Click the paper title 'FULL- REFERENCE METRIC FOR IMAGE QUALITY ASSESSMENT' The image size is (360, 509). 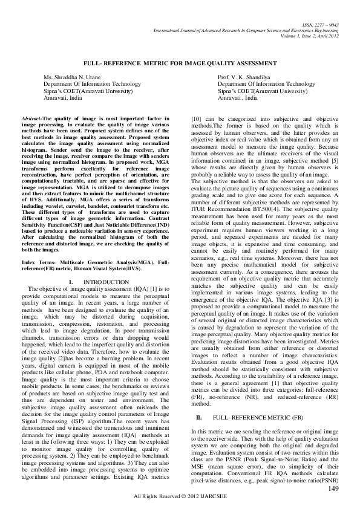coord(180,63)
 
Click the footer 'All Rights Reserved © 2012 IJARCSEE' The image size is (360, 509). coord(180,496)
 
